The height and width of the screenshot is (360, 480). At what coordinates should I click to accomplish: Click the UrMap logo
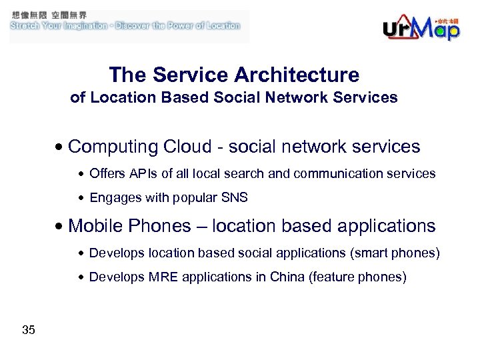(x=421, y=27)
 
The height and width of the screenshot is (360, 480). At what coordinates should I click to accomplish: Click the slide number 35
(x=29, y=330)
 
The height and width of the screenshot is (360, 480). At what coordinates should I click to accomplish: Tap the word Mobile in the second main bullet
(x=96, y=226)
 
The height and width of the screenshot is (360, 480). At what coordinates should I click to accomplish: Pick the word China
(x=287, y=277)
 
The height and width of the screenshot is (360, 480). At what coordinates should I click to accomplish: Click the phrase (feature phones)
(x=357, y=277)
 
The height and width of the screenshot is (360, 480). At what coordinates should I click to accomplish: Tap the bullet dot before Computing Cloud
(x=61, y=147)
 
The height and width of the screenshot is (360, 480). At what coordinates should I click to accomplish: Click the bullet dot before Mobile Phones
(x=61, y=227)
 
